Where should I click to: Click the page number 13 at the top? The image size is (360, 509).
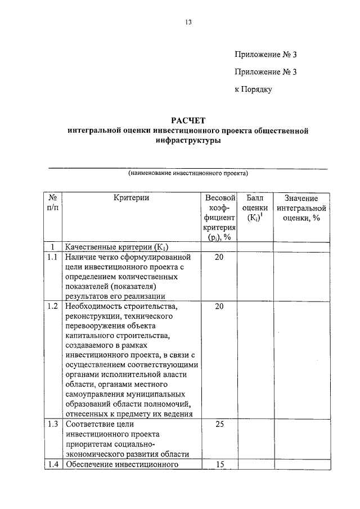click(x=188, y=22)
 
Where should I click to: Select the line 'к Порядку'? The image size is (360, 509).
click(x=253, y=89)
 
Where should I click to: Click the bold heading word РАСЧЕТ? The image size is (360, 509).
click(x=188, y=120)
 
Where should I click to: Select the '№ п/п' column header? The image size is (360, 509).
click(x=52, y=203)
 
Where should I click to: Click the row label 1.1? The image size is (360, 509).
click(x=52, y=257)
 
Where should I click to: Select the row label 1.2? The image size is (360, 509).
click(x=52, y=307)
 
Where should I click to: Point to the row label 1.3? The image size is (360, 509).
click(x=52, y=424)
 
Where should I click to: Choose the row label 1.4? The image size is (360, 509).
click(x=52, y=464)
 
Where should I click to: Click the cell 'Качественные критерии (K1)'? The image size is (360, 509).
click(x=117, y=247)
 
